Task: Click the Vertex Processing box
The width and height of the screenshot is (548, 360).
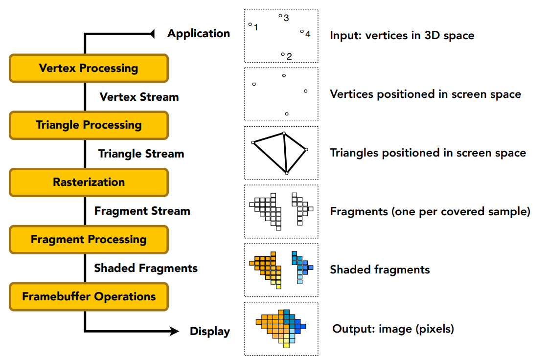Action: pyautogui.click(x=89, y=68)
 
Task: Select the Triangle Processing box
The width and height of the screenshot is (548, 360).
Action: pyautogui.click(x=89, y=125)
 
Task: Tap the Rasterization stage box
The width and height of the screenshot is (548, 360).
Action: pyautogui.click(x=89, y=182)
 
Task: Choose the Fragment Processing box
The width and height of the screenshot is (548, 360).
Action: pyautogui.click(x=89, y=239)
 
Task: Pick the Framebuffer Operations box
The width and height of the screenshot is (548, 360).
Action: pyautogui.click(x=89, y=296)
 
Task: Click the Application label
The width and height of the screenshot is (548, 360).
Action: pyautogui.click(x=198, y=33)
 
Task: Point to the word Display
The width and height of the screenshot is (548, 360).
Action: pyautogui.click(x=209, y=331)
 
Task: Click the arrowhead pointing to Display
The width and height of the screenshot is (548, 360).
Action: pyautogui.click(x=173, y=331)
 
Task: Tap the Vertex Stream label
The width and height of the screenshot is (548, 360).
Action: pyautogui.click(x=139, y=97)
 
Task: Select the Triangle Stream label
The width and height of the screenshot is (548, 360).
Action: pyautogui.click(x=141, y=154)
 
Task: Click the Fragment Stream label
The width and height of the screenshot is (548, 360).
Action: pyautogui.click(x=142, y=211)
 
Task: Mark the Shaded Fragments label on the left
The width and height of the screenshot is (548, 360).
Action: pyautogui.click(x=146, y=268)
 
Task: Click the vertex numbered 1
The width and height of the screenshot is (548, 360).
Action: pyautogui.click(x=250, y=24)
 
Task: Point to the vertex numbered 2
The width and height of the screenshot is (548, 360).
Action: pyautogui.click(x=283, y=54)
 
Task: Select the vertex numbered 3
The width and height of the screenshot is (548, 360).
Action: pyautogui.click(x=280, y=16)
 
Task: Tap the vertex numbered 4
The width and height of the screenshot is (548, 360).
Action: pyautogui.click(x=302, y=32)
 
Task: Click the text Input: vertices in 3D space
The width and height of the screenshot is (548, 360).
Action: pyautogui.click(x=402, y=35)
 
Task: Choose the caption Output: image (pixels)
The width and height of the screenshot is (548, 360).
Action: pyautogui.click(x=393, y=329)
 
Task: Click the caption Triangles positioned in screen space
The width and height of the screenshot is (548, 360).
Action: pyautogui.click(x=428, y=153)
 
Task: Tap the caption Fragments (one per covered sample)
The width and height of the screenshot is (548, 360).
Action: pyautogui.click(x=430, y=212)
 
